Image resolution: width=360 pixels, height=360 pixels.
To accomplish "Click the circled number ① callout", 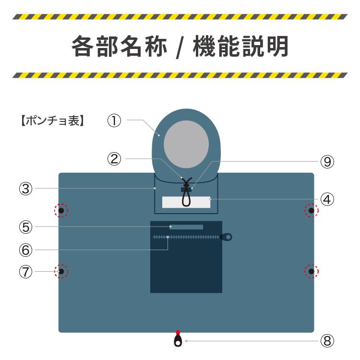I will [114, 120].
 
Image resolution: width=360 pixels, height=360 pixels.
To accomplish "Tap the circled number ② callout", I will [114, 158].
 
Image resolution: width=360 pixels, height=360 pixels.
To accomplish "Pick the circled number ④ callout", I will [327, 198].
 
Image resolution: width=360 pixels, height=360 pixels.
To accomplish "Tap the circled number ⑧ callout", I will [327, 341].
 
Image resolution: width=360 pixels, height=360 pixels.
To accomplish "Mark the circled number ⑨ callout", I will [327, 161].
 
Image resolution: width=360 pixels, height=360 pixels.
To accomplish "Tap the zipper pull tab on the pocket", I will [226, 237].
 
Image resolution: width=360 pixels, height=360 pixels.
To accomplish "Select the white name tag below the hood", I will [186, 202].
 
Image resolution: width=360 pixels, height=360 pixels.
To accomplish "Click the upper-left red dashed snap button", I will [61, 210].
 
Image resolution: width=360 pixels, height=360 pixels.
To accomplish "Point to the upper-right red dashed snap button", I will [312, 210].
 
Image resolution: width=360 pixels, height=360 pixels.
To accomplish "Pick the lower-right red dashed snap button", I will [312, 272].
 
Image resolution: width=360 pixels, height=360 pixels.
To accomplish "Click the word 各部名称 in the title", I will [119, 47].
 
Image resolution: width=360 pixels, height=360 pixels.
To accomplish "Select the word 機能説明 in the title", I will [240, 47].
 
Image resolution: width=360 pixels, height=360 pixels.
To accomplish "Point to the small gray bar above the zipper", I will [186, 227].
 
